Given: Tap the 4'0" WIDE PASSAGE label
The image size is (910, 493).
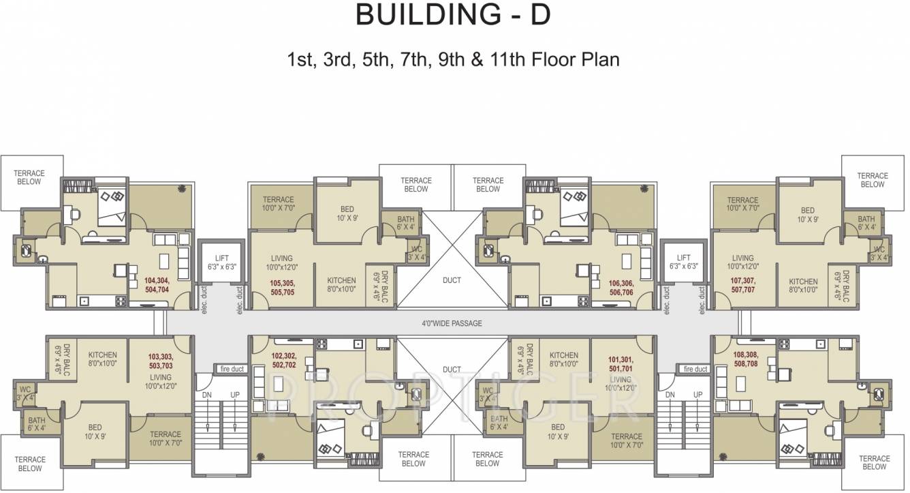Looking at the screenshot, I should [452, 323].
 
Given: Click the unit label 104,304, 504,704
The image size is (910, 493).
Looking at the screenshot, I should [156, 285].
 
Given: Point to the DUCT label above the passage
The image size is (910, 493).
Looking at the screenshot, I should [452, 280].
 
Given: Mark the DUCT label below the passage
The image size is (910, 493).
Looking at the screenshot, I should [452, 369].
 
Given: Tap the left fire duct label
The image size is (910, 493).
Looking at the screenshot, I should [232, 369].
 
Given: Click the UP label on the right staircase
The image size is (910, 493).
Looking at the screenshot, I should [697, 395].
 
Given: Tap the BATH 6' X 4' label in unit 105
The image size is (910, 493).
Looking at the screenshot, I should [406, 223].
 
